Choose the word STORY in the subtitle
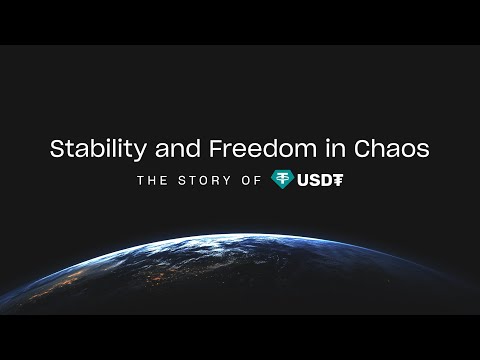point(210,181)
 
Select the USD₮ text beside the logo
point(322,181)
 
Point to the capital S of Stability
point(57,148)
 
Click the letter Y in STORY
point(231,181)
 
